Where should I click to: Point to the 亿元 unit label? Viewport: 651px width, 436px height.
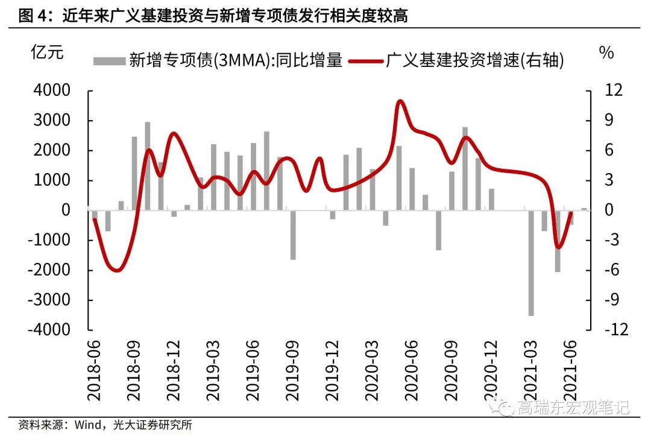click(x=46, y=52)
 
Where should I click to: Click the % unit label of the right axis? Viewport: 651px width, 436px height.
click(x=606, y=52)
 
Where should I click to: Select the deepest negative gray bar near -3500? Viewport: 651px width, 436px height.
click(x=531, y=263)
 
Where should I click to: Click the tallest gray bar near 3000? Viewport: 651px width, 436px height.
click(x=148, y=166)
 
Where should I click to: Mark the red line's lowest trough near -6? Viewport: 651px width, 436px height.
click(x=116, y=270)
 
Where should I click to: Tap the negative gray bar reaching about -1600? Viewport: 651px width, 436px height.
click(x=293, y=235)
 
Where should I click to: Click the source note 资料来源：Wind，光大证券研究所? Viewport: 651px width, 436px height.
click(x=105, y=425)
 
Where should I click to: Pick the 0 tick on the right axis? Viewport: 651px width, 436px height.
click(x=603, y=210)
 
